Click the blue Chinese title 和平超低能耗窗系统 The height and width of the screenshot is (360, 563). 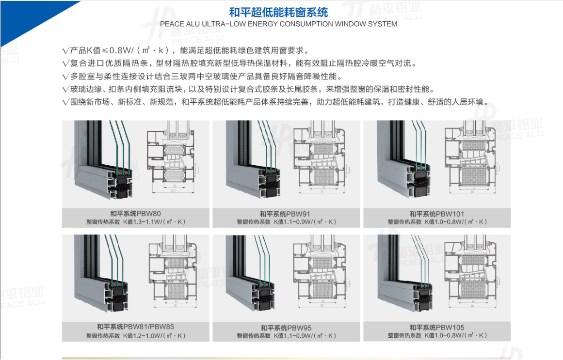click(x=278, y=11)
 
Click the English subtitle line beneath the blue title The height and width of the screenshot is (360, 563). click(x=278, y=24)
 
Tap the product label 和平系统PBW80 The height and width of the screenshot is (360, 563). click(x=135, y=213)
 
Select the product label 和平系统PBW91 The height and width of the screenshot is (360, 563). click(x=286, y=214)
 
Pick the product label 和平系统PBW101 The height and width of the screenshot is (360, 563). click(x=436, y=214)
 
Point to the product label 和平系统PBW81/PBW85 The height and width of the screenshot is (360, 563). click(x=135, y=327)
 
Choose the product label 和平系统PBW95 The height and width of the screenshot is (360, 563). click(x=286, y=328)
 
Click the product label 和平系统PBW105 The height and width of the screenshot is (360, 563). click(x=436, y=328)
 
